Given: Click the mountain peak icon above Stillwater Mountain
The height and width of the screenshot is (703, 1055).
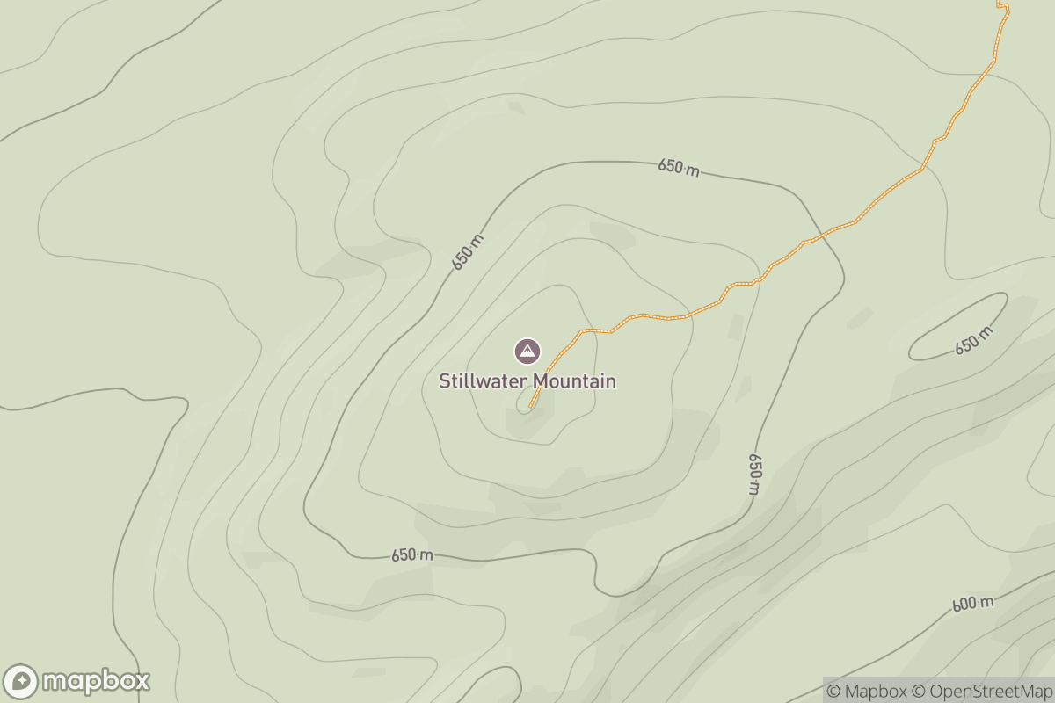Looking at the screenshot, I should click(x=527, y=351).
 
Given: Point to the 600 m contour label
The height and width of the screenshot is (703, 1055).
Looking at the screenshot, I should click(x=972, y=604).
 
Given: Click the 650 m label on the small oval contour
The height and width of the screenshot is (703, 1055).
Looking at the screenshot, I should click(x=973, y=340).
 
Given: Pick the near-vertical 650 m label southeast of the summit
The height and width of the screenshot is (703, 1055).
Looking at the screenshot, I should click(x=754, y=475).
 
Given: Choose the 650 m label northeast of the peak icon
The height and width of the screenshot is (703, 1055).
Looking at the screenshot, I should click(x=679, y=168).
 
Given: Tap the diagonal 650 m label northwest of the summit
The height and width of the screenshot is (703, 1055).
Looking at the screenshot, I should click(x=468, y=251).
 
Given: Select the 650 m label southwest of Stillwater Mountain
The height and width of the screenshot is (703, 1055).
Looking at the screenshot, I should click(x=412, y=555).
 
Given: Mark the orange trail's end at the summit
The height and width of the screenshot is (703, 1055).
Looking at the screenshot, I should click(x=531, y=407).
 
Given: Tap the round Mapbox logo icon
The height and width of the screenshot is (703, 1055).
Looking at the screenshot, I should click(x=21, y=681).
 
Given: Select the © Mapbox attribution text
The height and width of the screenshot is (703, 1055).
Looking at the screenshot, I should click(x=866, y=691).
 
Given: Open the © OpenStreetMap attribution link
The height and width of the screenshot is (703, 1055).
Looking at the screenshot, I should click(x=980, y=691).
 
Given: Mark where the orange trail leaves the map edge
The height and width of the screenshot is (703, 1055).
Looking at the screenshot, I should click(x=1000, y=2).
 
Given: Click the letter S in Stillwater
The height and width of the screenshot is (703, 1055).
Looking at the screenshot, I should click(x=445, y=381).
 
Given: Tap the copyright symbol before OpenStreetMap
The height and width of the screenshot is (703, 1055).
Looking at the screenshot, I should click(x=917, y=691).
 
